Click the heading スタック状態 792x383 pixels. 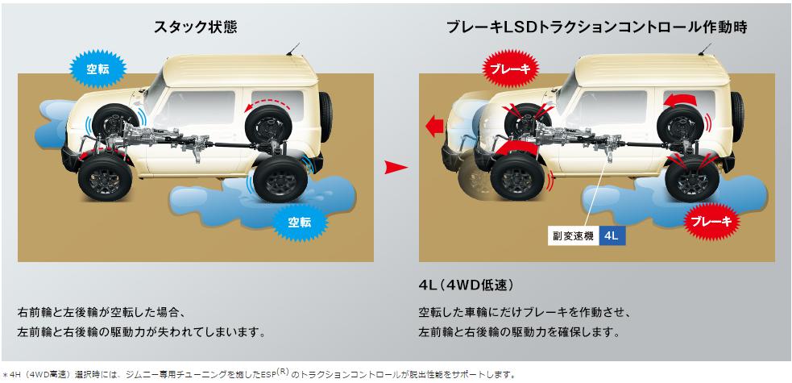pos(195,27)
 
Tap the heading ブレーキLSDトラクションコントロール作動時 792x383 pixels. pos(596,27)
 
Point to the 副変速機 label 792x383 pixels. pos(572,237)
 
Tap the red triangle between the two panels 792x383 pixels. pos(394,168)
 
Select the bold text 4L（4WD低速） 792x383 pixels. pos(466,286)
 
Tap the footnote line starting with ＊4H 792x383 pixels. pos(258,374)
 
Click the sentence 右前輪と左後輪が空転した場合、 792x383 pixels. pos(102,312)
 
